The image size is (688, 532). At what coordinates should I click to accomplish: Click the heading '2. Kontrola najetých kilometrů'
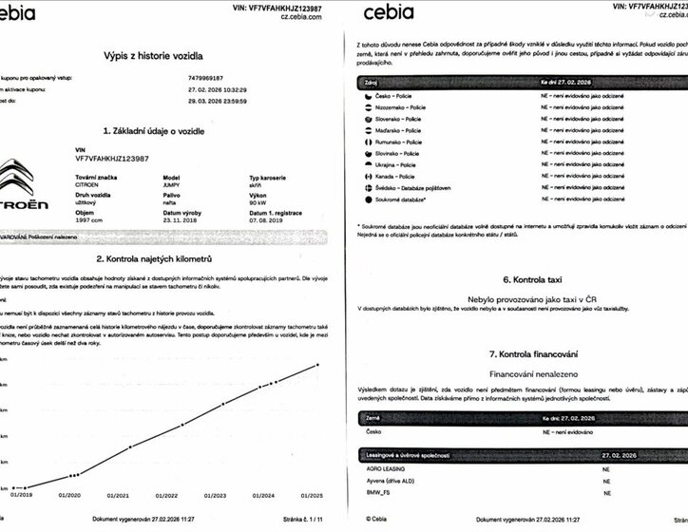pyautogui.click(x=167, y=258)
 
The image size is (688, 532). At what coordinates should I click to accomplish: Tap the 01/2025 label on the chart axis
pyautogui.click(x=315, y=495)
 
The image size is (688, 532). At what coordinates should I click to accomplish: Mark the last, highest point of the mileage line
pyautogui.click(x=318, y=364)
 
